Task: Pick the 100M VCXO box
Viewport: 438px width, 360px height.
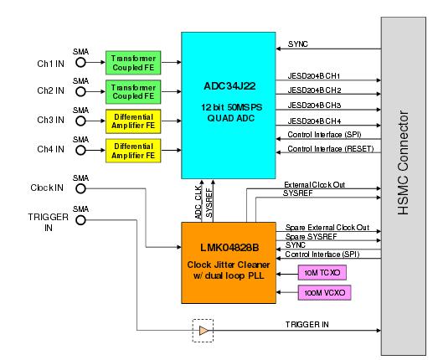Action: click(x=323, y=292)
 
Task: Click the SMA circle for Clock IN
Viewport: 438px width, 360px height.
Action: click(x=81, y=189)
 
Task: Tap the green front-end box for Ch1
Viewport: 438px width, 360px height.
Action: click(x=131, y=61)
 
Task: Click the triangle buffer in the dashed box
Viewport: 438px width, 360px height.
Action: click(x=202, y=331)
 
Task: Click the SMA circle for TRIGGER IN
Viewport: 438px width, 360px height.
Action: click(x=81, y=221)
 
